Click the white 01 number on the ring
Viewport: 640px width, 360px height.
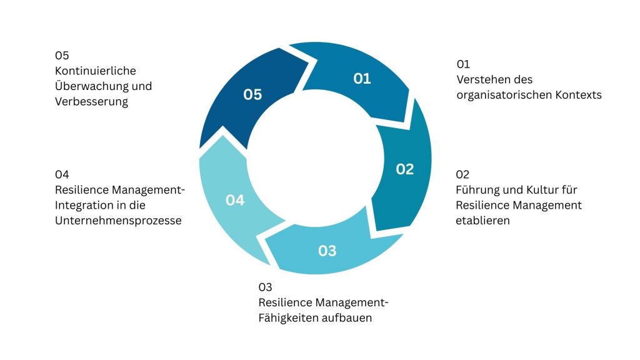pyautogui.click(x=362, y=79)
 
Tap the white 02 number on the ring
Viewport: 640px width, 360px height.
pyautogui.click(x=405, y=169)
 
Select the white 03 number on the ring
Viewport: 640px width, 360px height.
pyautogui.click(x=327, y=251)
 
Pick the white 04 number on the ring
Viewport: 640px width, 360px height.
pyautogui.click(x=235, y=201)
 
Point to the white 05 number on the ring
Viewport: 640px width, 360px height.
pyautogui.click(x=252, y=95)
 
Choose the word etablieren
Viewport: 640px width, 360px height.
pyautogui.click(x=482, y=221)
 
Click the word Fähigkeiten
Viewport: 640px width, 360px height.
pyautogui.click(x=290, y=318)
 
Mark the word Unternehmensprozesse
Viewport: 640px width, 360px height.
pyautogui.click(x=119, y=221)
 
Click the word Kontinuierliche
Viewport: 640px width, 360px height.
pyautogui.click(x=96, y=71)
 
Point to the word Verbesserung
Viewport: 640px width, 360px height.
pyautogui.click(x=91, y=102)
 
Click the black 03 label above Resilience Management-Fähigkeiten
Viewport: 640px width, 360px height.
pyautogui.click(x=266, y=287)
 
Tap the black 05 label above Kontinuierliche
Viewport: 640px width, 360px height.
pyautogui.click(x=62, y=55)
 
